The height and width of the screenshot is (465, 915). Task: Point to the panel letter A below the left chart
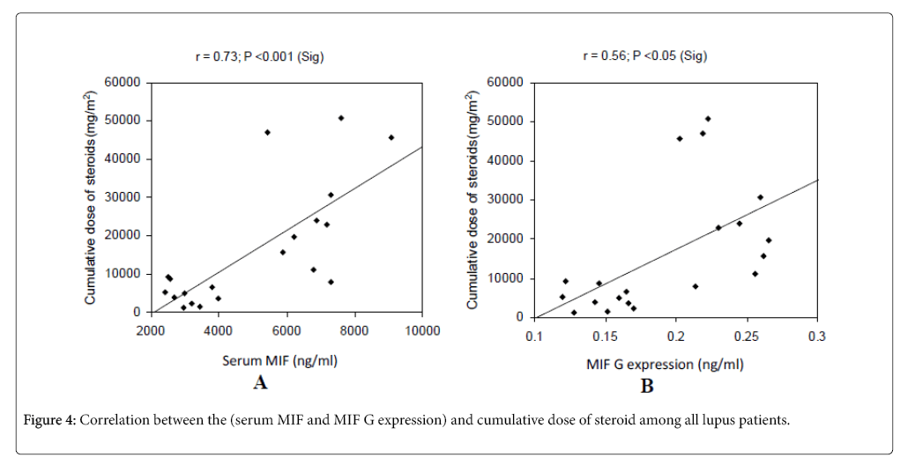pyautogui.click(x=260, y=382)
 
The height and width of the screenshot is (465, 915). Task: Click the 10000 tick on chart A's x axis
pyautogui.click(x=422, y=330)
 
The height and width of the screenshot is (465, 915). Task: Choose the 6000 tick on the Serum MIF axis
pyautogui.click(x=286, y=330)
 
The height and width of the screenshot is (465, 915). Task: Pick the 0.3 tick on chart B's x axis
pyautogui.click(x=818, y=336)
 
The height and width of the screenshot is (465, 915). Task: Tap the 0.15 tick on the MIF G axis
pyautogui.click(x=605, y=336)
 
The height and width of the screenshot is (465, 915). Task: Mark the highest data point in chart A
pyautogui.click(x=341, y=117)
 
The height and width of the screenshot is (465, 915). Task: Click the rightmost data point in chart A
pyautogui.click(x=391, y=137)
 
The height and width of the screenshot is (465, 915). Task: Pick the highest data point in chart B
pyautogui.click(x=708, y=118)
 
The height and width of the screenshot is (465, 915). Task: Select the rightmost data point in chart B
pyautogui.click(x=769, y=240)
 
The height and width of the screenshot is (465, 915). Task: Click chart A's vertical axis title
pyautogui.click(x=90, y=197)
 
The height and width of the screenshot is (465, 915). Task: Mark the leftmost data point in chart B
pyautogui.click(x=562, y=297)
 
